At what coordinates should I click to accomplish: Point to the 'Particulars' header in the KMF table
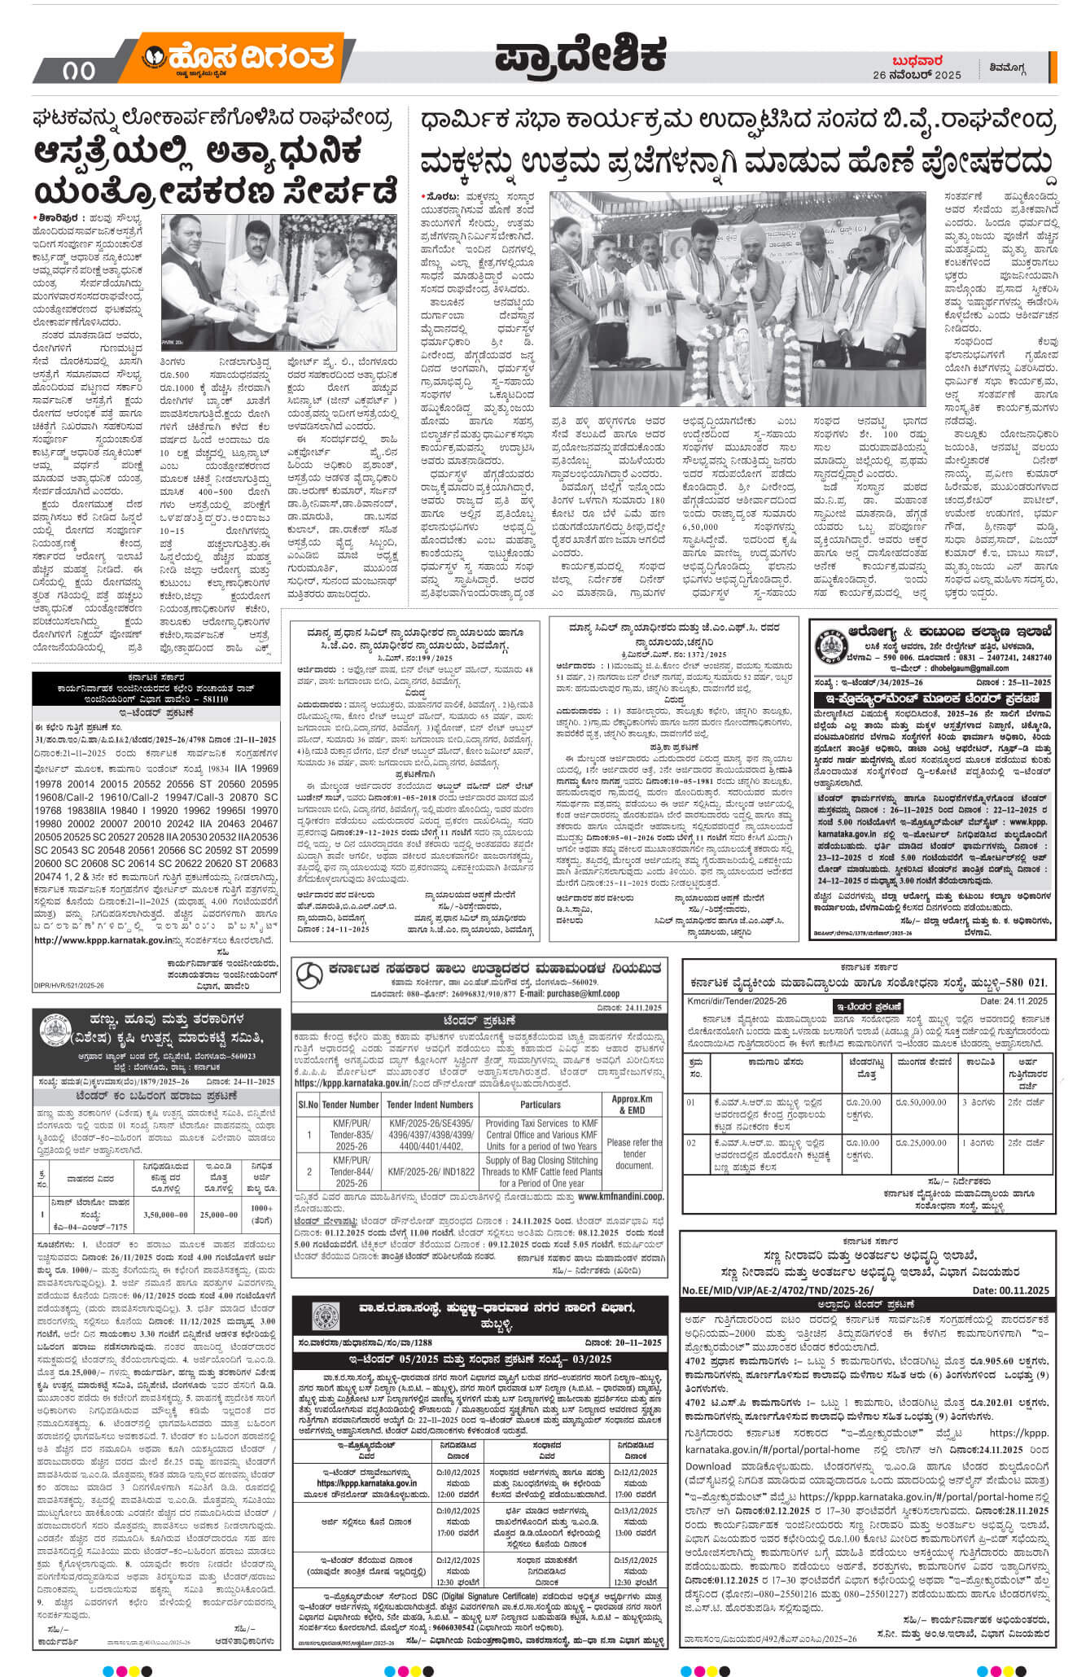point(541,1105)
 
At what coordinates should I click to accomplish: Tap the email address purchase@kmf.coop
point(569,994)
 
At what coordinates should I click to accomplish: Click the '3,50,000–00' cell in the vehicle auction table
point(165,1215)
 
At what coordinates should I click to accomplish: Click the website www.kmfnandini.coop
point(621,1197)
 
